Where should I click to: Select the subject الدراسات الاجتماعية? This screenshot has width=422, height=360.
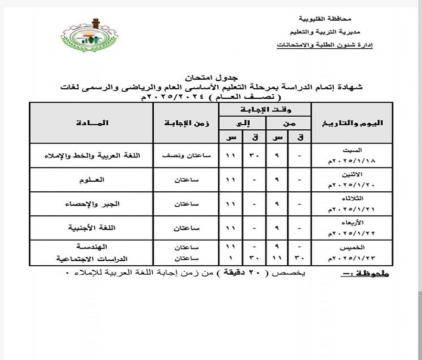[88, 259]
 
